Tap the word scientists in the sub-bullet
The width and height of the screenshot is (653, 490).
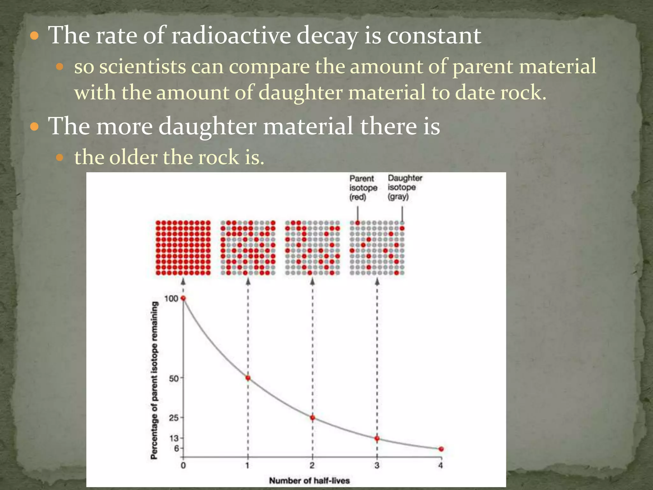[143, 67]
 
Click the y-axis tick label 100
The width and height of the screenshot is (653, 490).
[171, 299]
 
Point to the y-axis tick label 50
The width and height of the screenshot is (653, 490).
[174, 378]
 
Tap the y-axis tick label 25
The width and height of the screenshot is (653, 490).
[174, 418]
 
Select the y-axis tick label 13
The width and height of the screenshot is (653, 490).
[174, 438]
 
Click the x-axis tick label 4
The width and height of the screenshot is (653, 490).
[440, 465]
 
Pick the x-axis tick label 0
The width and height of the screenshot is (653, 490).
[183, 465]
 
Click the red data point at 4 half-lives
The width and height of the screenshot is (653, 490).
[441, 449]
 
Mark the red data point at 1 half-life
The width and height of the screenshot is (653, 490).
[248, 378]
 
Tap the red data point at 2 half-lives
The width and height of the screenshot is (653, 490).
[312, 418]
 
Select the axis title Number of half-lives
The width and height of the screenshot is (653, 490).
[309, 480]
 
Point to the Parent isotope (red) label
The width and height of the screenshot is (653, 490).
[363, 188]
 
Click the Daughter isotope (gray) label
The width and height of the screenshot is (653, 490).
[404, 187]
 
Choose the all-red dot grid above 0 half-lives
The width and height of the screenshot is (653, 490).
[183, 248]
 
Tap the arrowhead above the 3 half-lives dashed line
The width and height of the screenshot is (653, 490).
[377, 281]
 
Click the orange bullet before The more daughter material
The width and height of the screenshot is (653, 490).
[34, 127]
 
